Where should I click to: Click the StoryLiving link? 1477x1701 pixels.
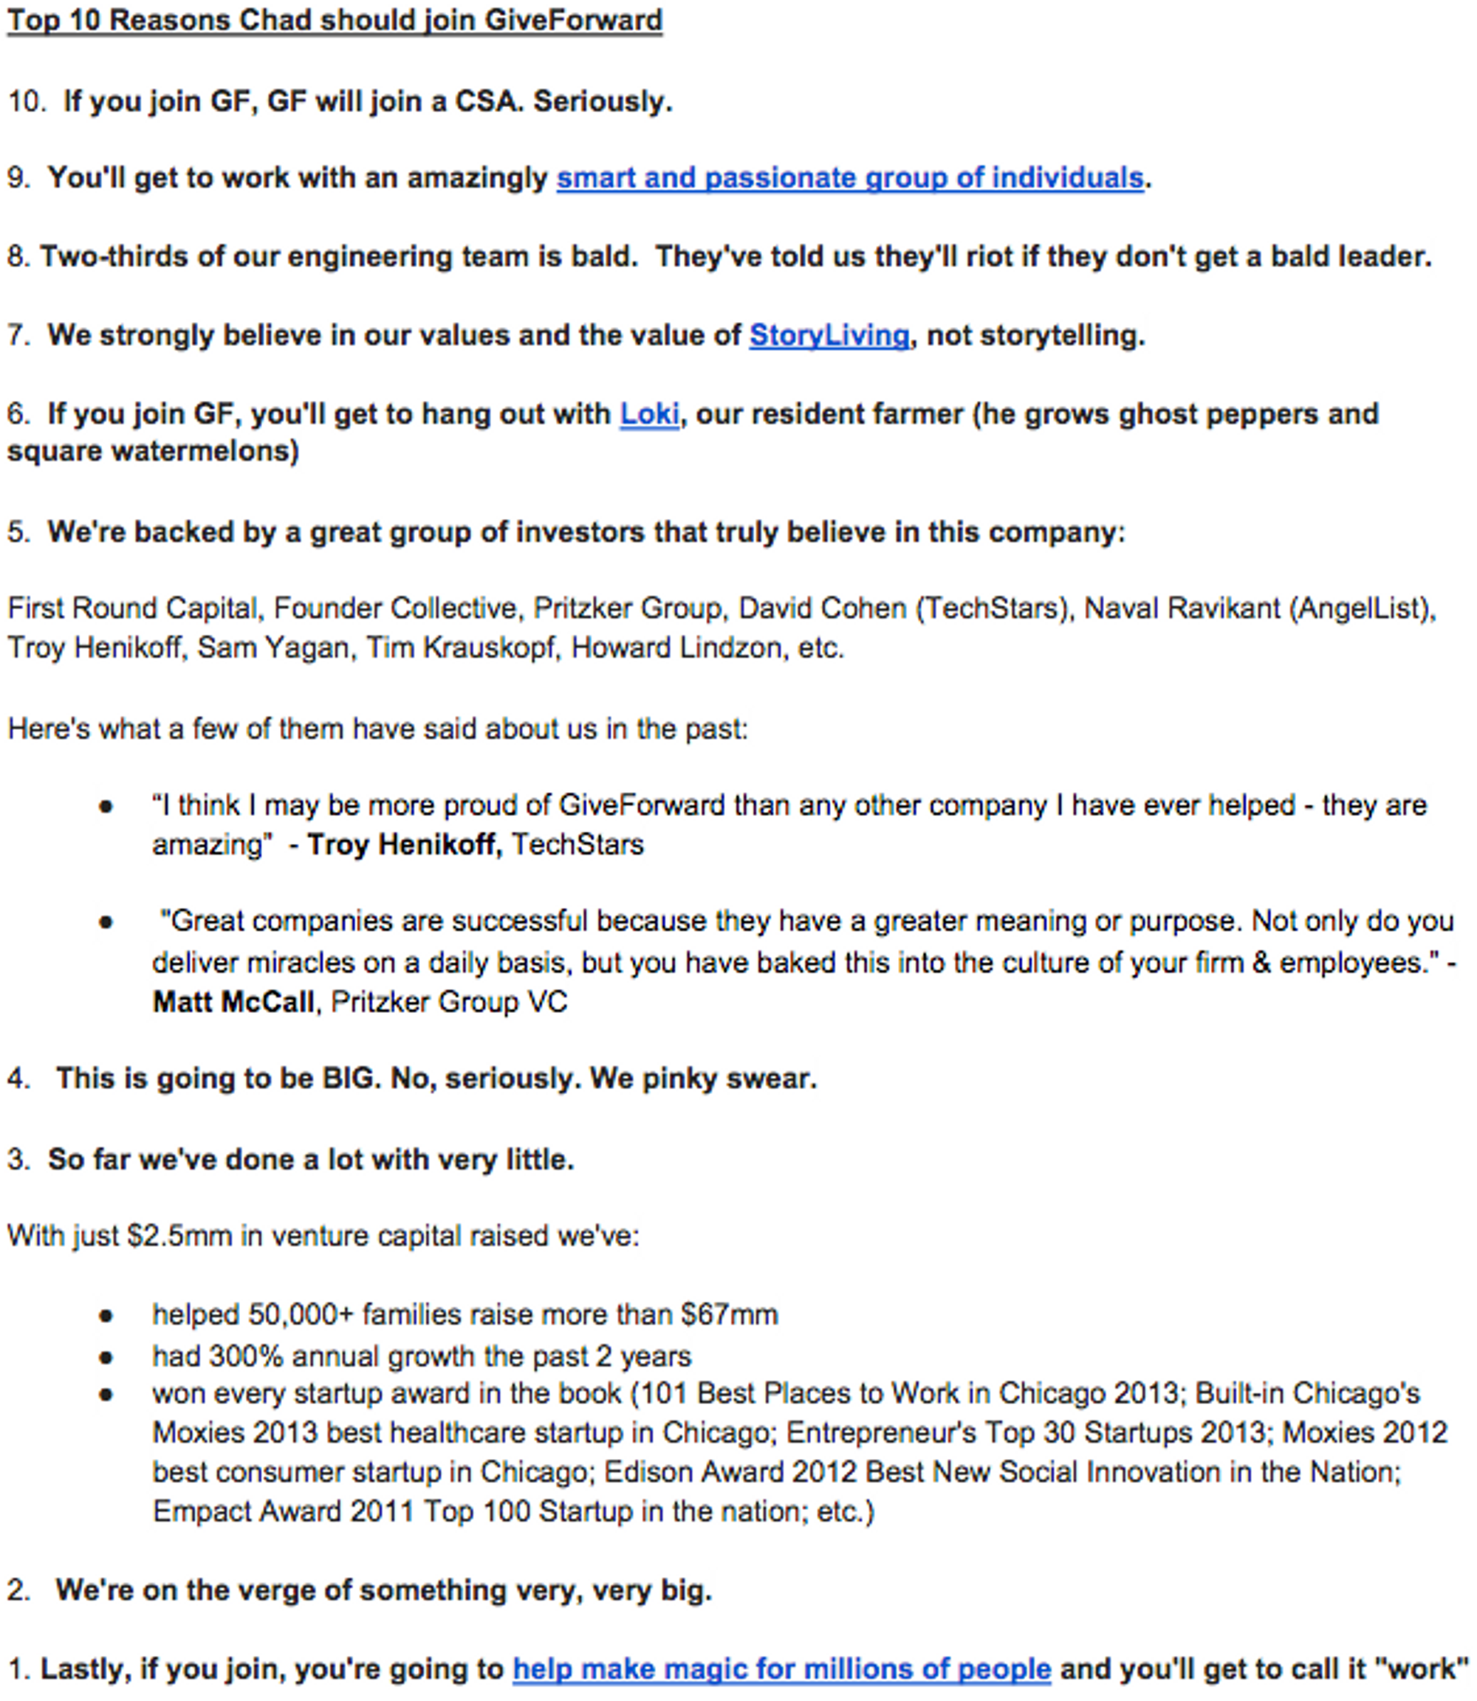(829, 335)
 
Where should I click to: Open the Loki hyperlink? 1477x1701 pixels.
(648, 413)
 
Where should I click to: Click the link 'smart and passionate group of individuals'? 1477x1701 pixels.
(849, 178)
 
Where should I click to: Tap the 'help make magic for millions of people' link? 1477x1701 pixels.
(781, 1669)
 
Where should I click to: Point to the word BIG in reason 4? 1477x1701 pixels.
(347, 1079)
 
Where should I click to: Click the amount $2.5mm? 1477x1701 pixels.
(179, 1236)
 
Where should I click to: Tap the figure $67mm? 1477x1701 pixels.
(729, 1314)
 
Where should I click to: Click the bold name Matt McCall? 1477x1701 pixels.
(233, 1002)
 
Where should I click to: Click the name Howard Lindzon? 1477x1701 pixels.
(675, 647)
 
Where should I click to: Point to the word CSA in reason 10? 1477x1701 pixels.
(486, 101)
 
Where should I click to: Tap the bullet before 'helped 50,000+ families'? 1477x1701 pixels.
(106, 1316)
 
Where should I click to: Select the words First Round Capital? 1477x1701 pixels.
(132, 608)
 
